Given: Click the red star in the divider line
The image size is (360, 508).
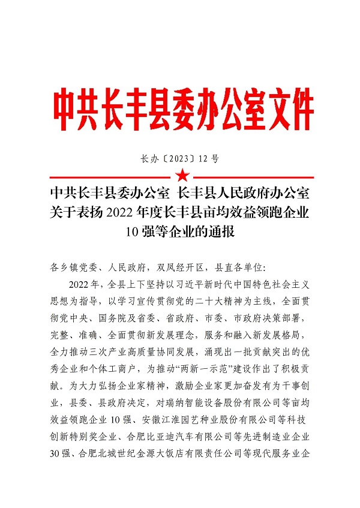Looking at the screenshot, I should click(181, 176).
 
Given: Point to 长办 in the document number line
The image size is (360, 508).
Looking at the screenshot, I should click(149, 159).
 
